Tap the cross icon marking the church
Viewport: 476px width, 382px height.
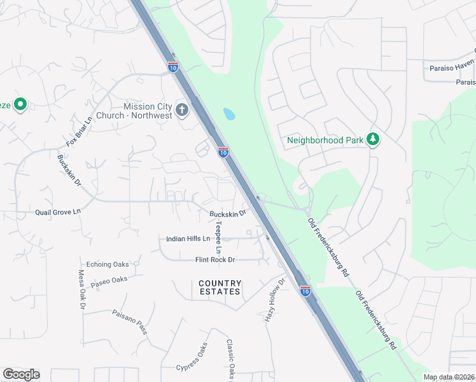(181, 109)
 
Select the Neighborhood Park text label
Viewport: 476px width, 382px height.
(325, 140)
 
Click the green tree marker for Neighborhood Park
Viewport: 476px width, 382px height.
(374, 139)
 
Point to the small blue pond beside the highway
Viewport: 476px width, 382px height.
(228, 115)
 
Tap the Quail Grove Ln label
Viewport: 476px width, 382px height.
(59, 211)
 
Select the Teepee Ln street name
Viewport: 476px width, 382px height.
(218, 236)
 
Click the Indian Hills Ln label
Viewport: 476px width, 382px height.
(188, 239)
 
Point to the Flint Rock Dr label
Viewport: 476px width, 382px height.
(215, 260)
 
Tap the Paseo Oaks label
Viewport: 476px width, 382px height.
(109, 280)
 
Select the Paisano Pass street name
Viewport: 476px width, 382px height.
(130, 322)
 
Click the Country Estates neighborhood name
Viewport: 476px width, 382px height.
(220, 287)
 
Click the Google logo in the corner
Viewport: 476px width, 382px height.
(21, 374)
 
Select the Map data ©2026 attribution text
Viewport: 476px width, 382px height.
(449, 377)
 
